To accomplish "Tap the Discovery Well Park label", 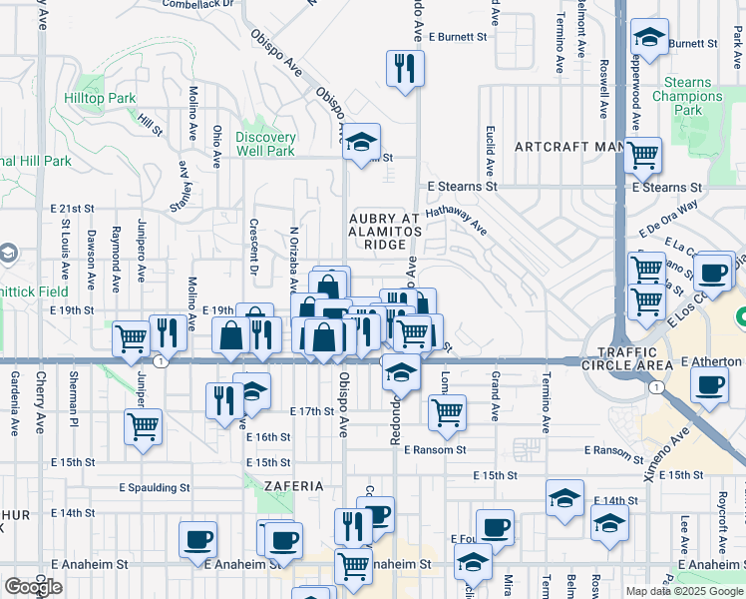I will coord(265,144).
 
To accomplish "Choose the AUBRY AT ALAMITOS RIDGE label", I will coord(378,231).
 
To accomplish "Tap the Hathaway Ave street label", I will coord(456,221).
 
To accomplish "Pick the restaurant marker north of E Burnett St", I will coord(405,68).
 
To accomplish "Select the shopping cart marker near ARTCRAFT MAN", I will coord(643,154).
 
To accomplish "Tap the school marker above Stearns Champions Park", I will coord(649,39).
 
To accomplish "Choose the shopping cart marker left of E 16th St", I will coord(144,427).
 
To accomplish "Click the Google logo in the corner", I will coord(33,586).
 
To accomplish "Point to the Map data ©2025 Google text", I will coord(683,591).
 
